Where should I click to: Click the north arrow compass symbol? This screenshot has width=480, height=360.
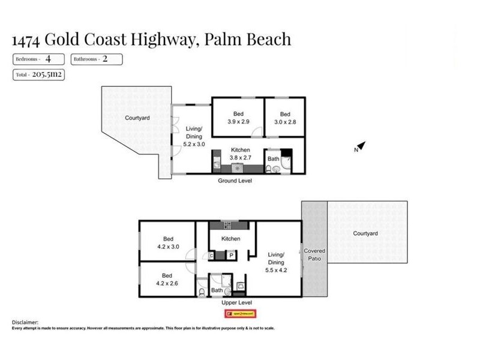pyautogui.click(x=360, y=146)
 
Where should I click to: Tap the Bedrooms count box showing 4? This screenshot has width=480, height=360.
pyautogui.click(x=38, y=59)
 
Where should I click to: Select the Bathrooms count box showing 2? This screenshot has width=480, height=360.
pyautogui.click(x=97, y=59)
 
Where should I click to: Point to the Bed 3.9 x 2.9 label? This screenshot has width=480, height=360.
pyautogui.click(x=238, y=118)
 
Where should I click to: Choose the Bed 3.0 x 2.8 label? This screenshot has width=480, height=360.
pyautogui.click(x=285, y=118)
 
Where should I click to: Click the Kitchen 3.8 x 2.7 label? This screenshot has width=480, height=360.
pyautogui.click(x=241, y=154)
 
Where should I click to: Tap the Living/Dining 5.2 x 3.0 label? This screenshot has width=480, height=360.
pyautogui.click(x=194, y=136)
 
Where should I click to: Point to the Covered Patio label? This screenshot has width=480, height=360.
pyautogui.click(x=314, y=255)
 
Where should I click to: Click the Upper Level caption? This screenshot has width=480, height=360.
pyautogui.click(x=236, y=303)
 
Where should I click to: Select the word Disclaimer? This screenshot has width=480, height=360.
pyautogui.click(x=25, y=322)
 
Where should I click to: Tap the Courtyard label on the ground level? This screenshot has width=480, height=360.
pyautogui.click(x=137, y=118)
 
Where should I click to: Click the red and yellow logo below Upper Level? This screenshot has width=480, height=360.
pyautogui.click(x=240, y=313)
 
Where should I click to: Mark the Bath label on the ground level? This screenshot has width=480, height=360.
pyautogui.click(x=273, y=159)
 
